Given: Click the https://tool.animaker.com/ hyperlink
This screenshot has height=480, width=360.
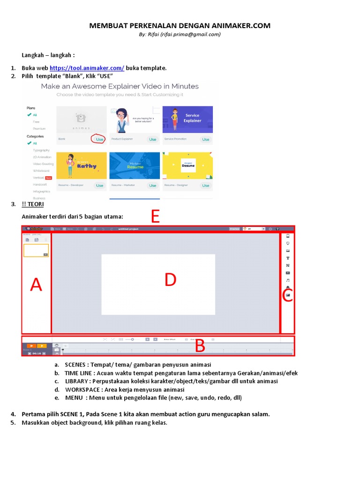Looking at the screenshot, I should pos(87,68).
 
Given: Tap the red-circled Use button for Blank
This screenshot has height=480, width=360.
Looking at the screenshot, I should pos(99,139).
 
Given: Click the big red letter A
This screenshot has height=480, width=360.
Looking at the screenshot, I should pos(36,285).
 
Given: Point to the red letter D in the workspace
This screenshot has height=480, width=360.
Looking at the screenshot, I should pos(170,280).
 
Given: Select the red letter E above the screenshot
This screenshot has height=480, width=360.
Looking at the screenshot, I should pos(155,217).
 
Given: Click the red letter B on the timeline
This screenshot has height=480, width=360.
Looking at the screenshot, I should pos(200,346).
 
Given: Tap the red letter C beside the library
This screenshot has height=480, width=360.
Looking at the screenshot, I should pos(287,296).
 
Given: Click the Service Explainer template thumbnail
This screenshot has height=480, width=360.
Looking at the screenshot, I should pos(187,119).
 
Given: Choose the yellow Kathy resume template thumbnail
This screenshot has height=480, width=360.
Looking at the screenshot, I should pos(82,165).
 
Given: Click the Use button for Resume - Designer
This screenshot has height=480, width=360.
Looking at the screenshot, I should pos(205,186).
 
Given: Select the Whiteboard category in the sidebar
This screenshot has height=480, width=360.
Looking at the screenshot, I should pos(41,171).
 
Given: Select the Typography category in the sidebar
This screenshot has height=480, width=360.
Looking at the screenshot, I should pos(41,150).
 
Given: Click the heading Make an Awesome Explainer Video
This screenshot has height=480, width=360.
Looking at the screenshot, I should pos(120,86).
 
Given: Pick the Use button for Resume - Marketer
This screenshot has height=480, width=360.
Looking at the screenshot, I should pos(152,186).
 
